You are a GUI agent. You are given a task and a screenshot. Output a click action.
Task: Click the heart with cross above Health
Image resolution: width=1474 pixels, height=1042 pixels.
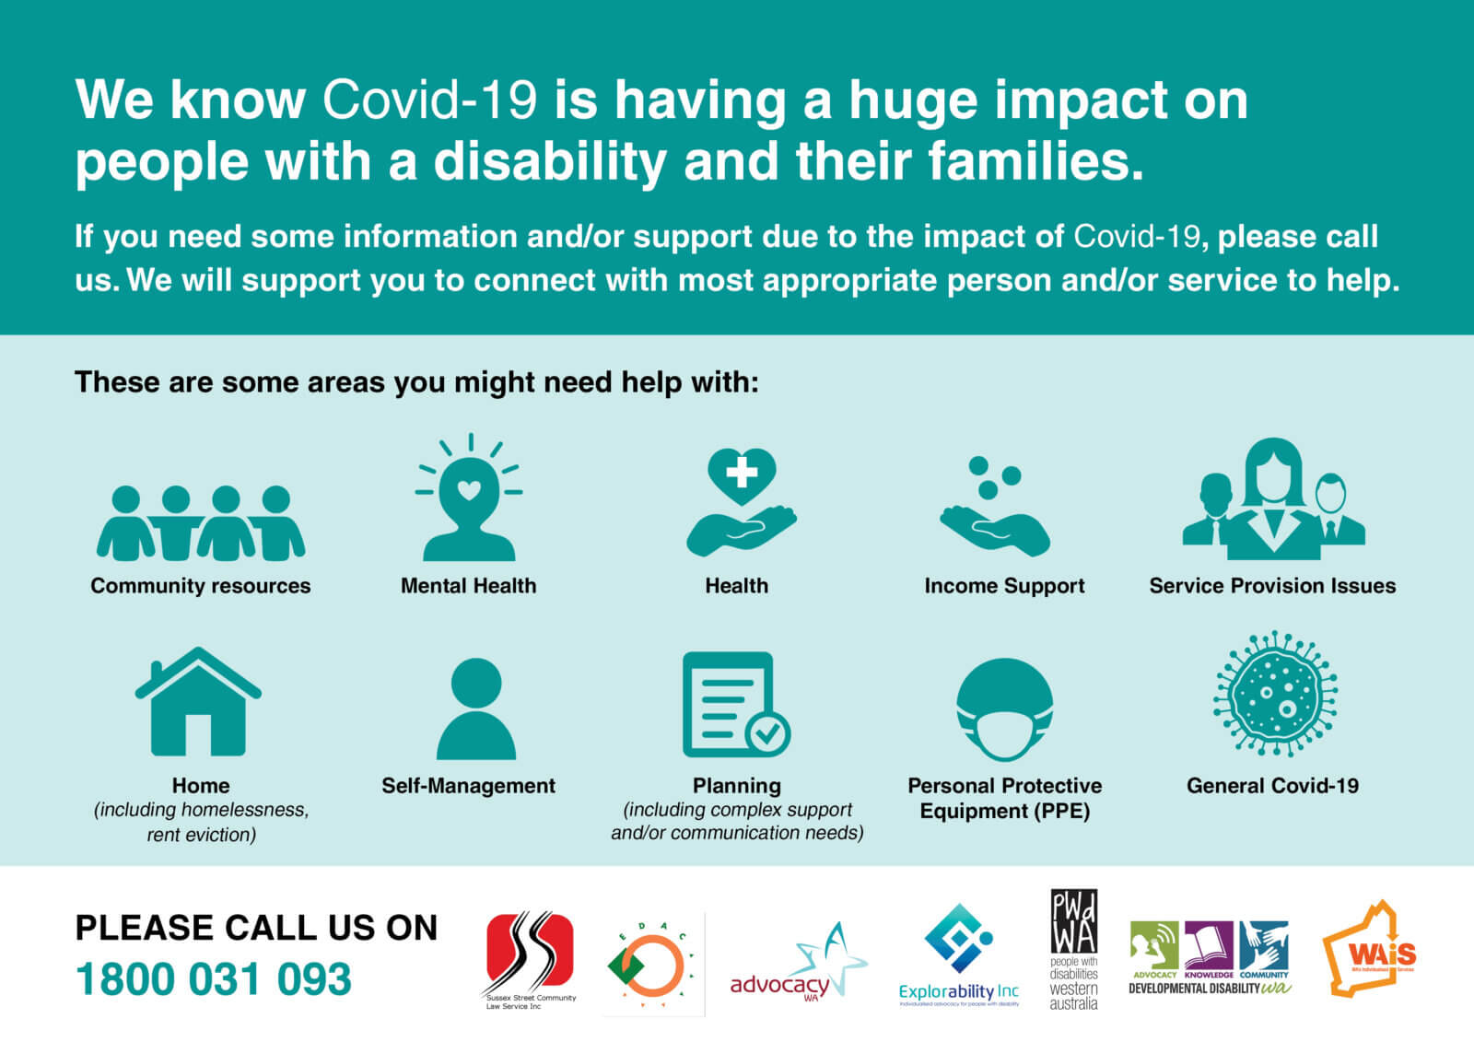[x=742, y=475]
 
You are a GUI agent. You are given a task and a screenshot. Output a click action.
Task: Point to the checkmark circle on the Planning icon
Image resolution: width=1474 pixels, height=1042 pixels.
[x=767, y=733]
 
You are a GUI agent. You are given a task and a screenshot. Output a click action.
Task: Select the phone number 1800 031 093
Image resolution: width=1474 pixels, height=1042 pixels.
[x=214, y=979]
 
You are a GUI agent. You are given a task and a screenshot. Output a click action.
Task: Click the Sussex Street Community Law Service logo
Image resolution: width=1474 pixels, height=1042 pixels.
[x=530, y=958]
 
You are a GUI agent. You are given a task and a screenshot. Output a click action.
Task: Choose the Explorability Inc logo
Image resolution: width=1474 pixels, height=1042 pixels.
[x=959, y=954]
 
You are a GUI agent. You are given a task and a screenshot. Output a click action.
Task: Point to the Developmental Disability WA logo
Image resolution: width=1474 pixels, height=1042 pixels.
[x=1210, y=958]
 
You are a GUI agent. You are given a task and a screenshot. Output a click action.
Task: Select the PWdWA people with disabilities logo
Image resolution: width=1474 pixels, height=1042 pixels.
[x=1074, y=950]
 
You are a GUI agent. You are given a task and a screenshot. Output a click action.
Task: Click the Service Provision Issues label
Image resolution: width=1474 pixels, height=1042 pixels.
[x=1272, y=586]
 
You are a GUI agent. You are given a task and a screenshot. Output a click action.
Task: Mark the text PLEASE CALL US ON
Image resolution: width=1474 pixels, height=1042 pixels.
[x=256, y=928]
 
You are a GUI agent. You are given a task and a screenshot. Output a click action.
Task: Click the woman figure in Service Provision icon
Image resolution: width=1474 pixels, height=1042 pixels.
[x=1273, y=493]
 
